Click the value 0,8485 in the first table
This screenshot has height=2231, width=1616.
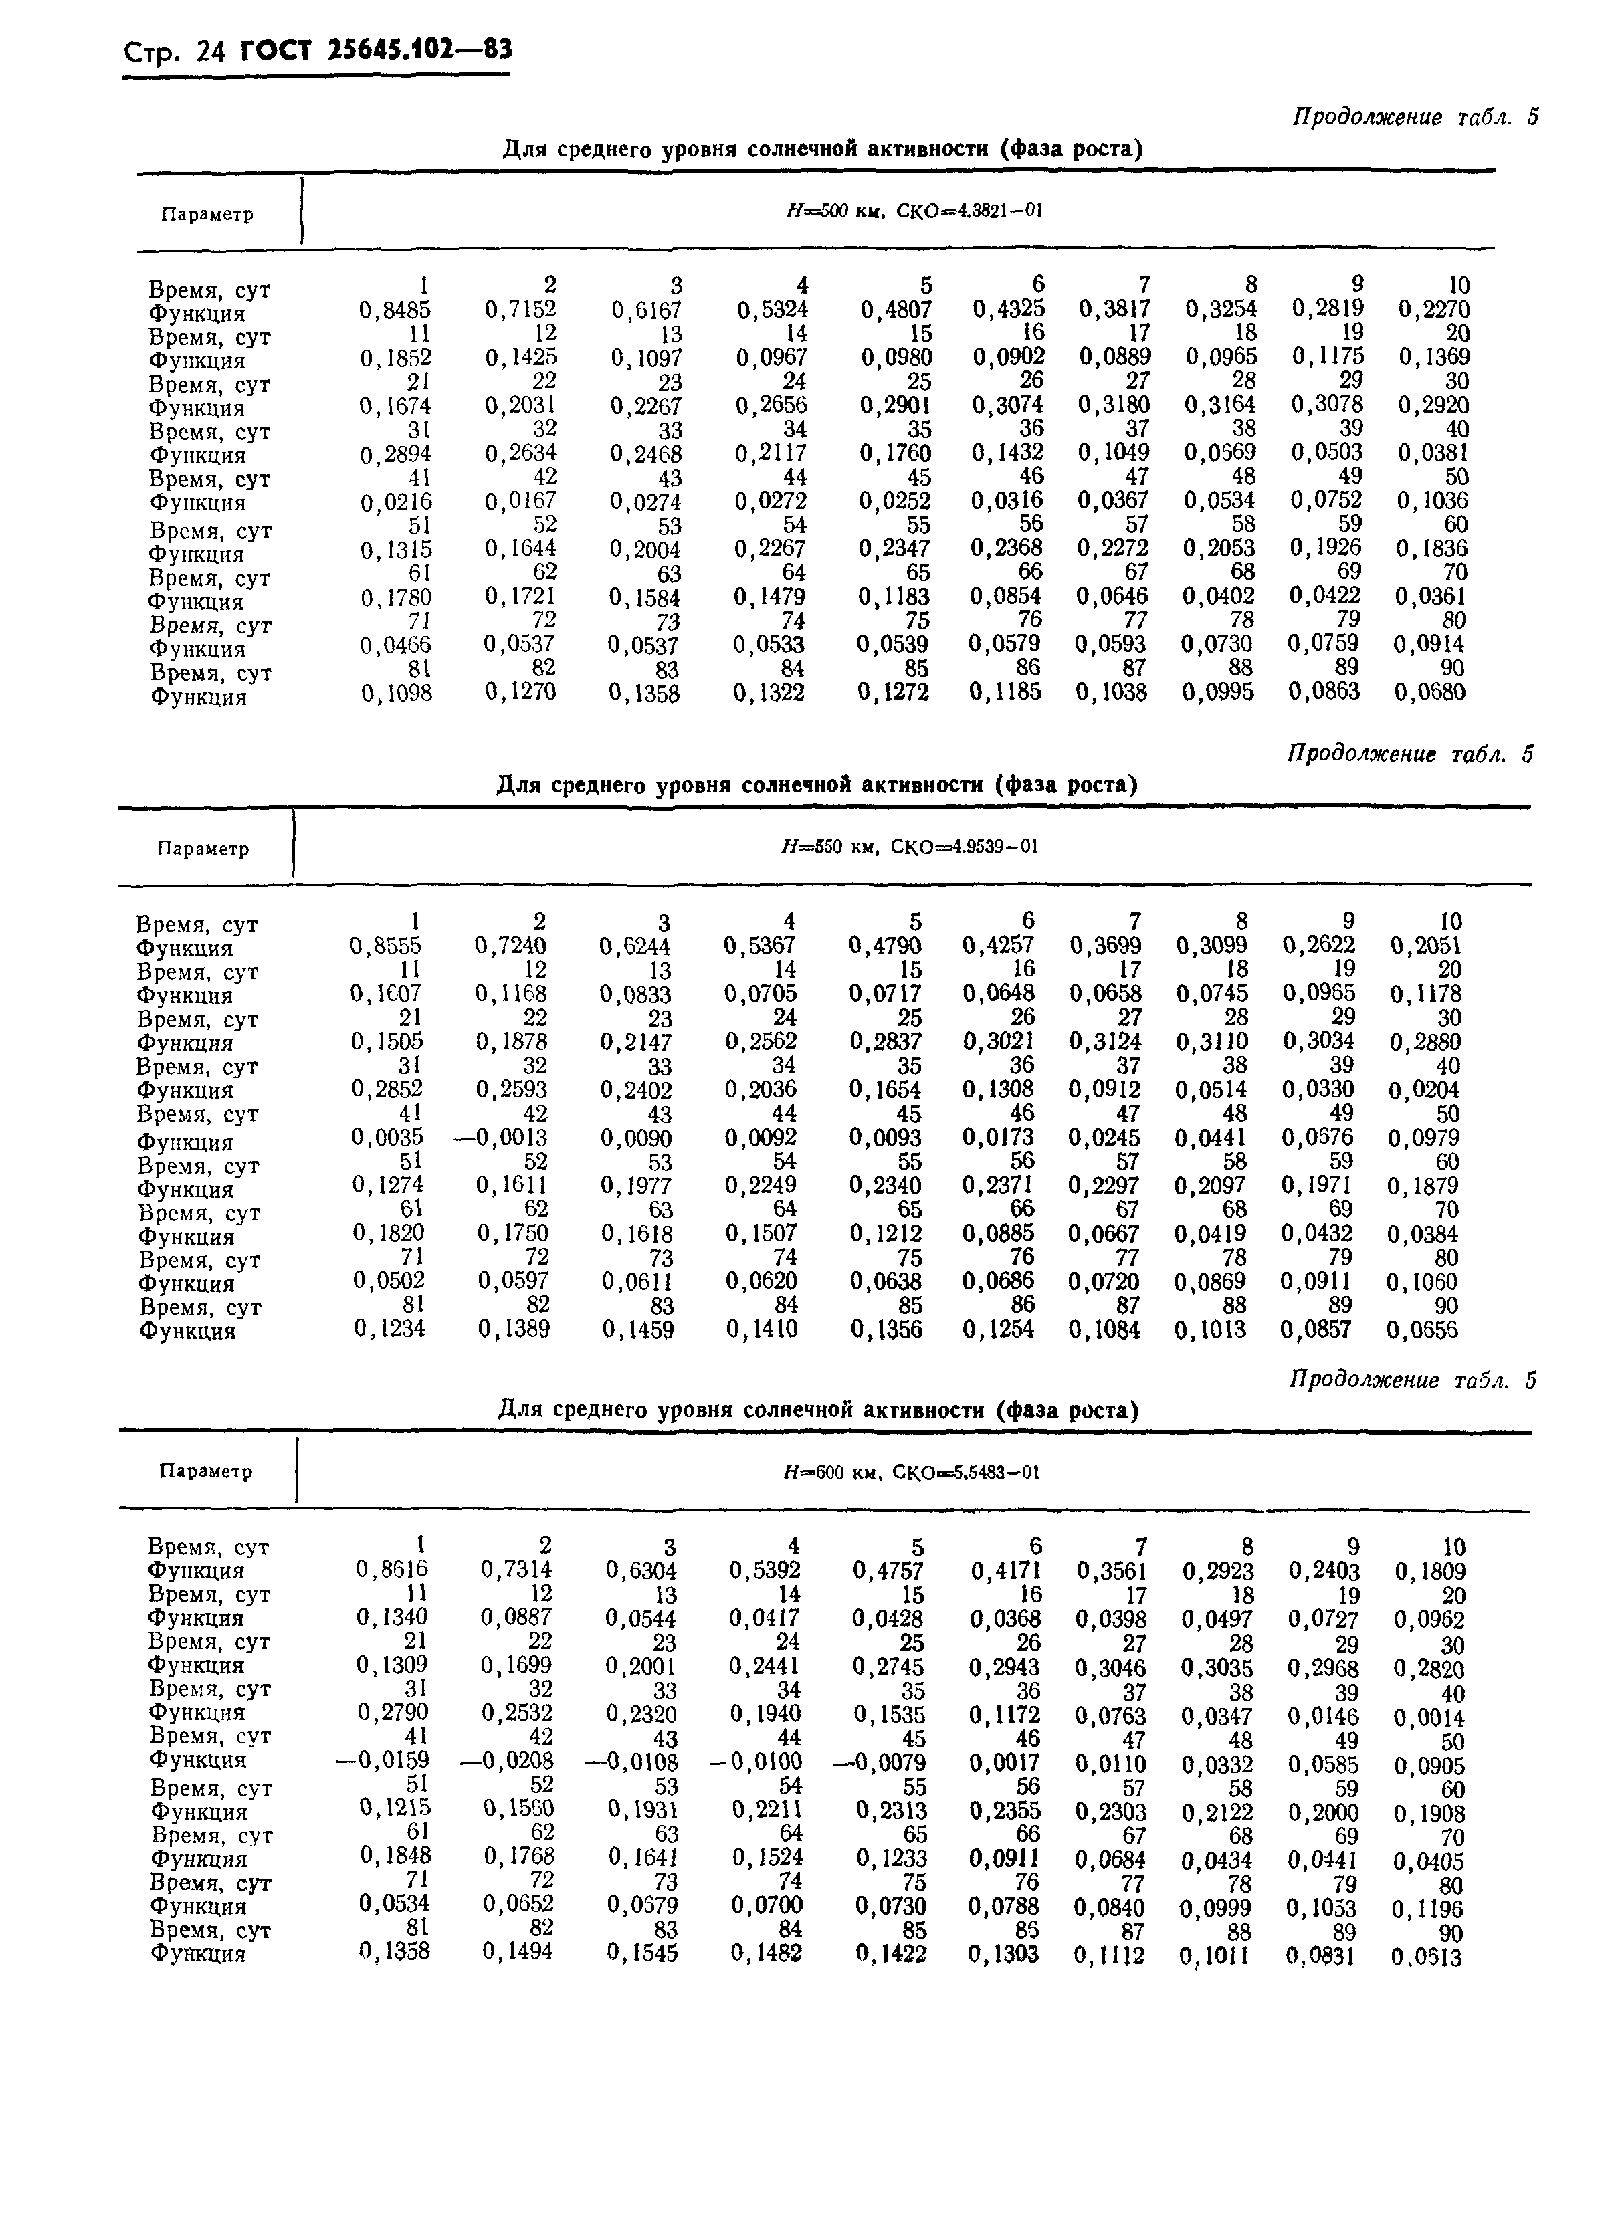(x=395, y=310)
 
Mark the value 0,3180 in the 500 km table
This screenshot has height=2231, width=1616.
(x=1114, y=405)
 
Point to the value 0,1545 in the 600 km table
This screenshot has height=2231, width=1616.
(x=641, y=1953)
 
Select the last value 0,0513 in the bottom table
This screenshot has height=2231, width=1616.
(x=1427, y=1955)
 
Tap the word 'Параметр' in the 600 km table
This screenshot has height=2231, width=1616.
(x=205, y=1471)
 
